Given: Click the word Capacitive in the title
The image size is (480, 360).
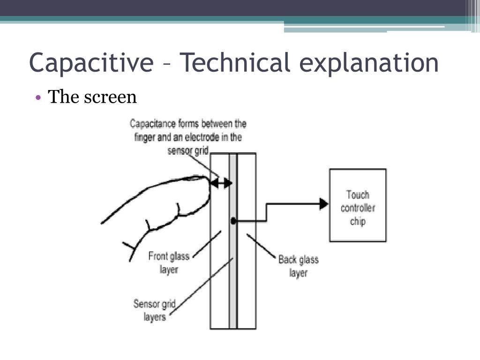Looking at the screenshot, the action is pos(91,63).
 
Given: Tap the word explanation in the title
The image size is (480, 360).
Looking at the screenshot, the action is pos(369,63).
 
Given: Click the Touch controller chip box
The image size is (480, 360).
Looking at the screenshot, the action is pos(358,205).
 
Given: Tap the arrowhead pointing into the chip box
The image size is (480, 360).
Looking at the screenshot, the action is pos(323,203).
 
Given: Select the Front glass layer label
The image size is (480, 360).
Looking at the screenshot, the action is pos(169,262).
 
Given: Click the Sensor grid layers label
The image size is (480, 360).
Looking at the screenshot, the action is pos(155,310).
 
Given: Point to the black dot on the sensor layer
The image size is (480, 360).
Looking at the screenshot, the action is pos(233,220).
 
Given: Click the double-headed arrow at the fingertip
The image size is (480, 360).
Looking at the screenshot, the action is pos(220,183).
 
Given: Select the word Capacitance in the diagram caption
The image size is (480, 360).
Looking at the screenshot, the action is pos(150,124).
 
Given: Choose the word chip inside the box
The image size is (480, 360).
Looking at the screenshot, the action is pos(358,221).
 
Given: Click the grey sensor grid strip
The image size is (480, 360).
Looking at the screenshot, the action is pos(232,281).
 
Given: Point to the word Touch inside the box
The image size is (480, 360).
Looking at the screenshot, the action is pos(358,195).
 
